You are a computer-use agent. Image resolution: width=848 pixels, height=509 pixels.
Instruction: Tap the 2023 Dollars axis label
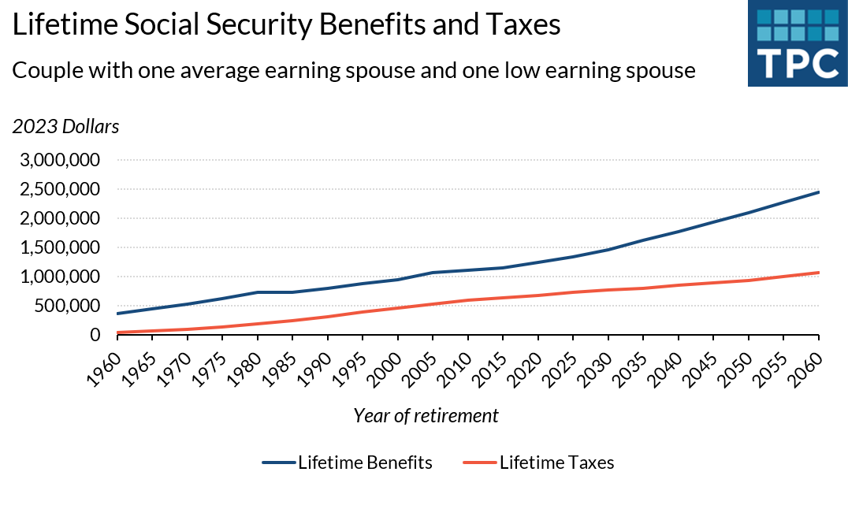click(65, 126)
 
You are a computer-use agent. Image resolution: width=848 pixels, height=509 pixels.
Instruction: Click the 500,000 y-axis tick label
click(72, 307)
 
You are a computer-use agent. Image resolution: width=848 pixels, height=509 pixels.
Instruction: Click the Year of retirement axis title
click(426, 416)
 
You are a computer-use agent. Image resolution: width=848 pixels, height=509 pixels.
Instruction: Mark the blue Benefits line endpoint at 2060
click(819, 192)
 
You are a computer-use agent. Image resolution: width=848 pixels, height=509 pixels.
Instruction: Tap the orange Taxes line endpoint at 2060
click(819, 273)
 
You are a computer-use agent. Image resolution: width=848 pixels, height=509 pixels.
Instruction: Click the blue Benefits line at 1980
click(258, 292)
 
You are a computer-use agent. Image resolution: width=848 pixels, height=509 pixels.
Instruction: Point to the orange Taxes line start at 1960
click(118, 333)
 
